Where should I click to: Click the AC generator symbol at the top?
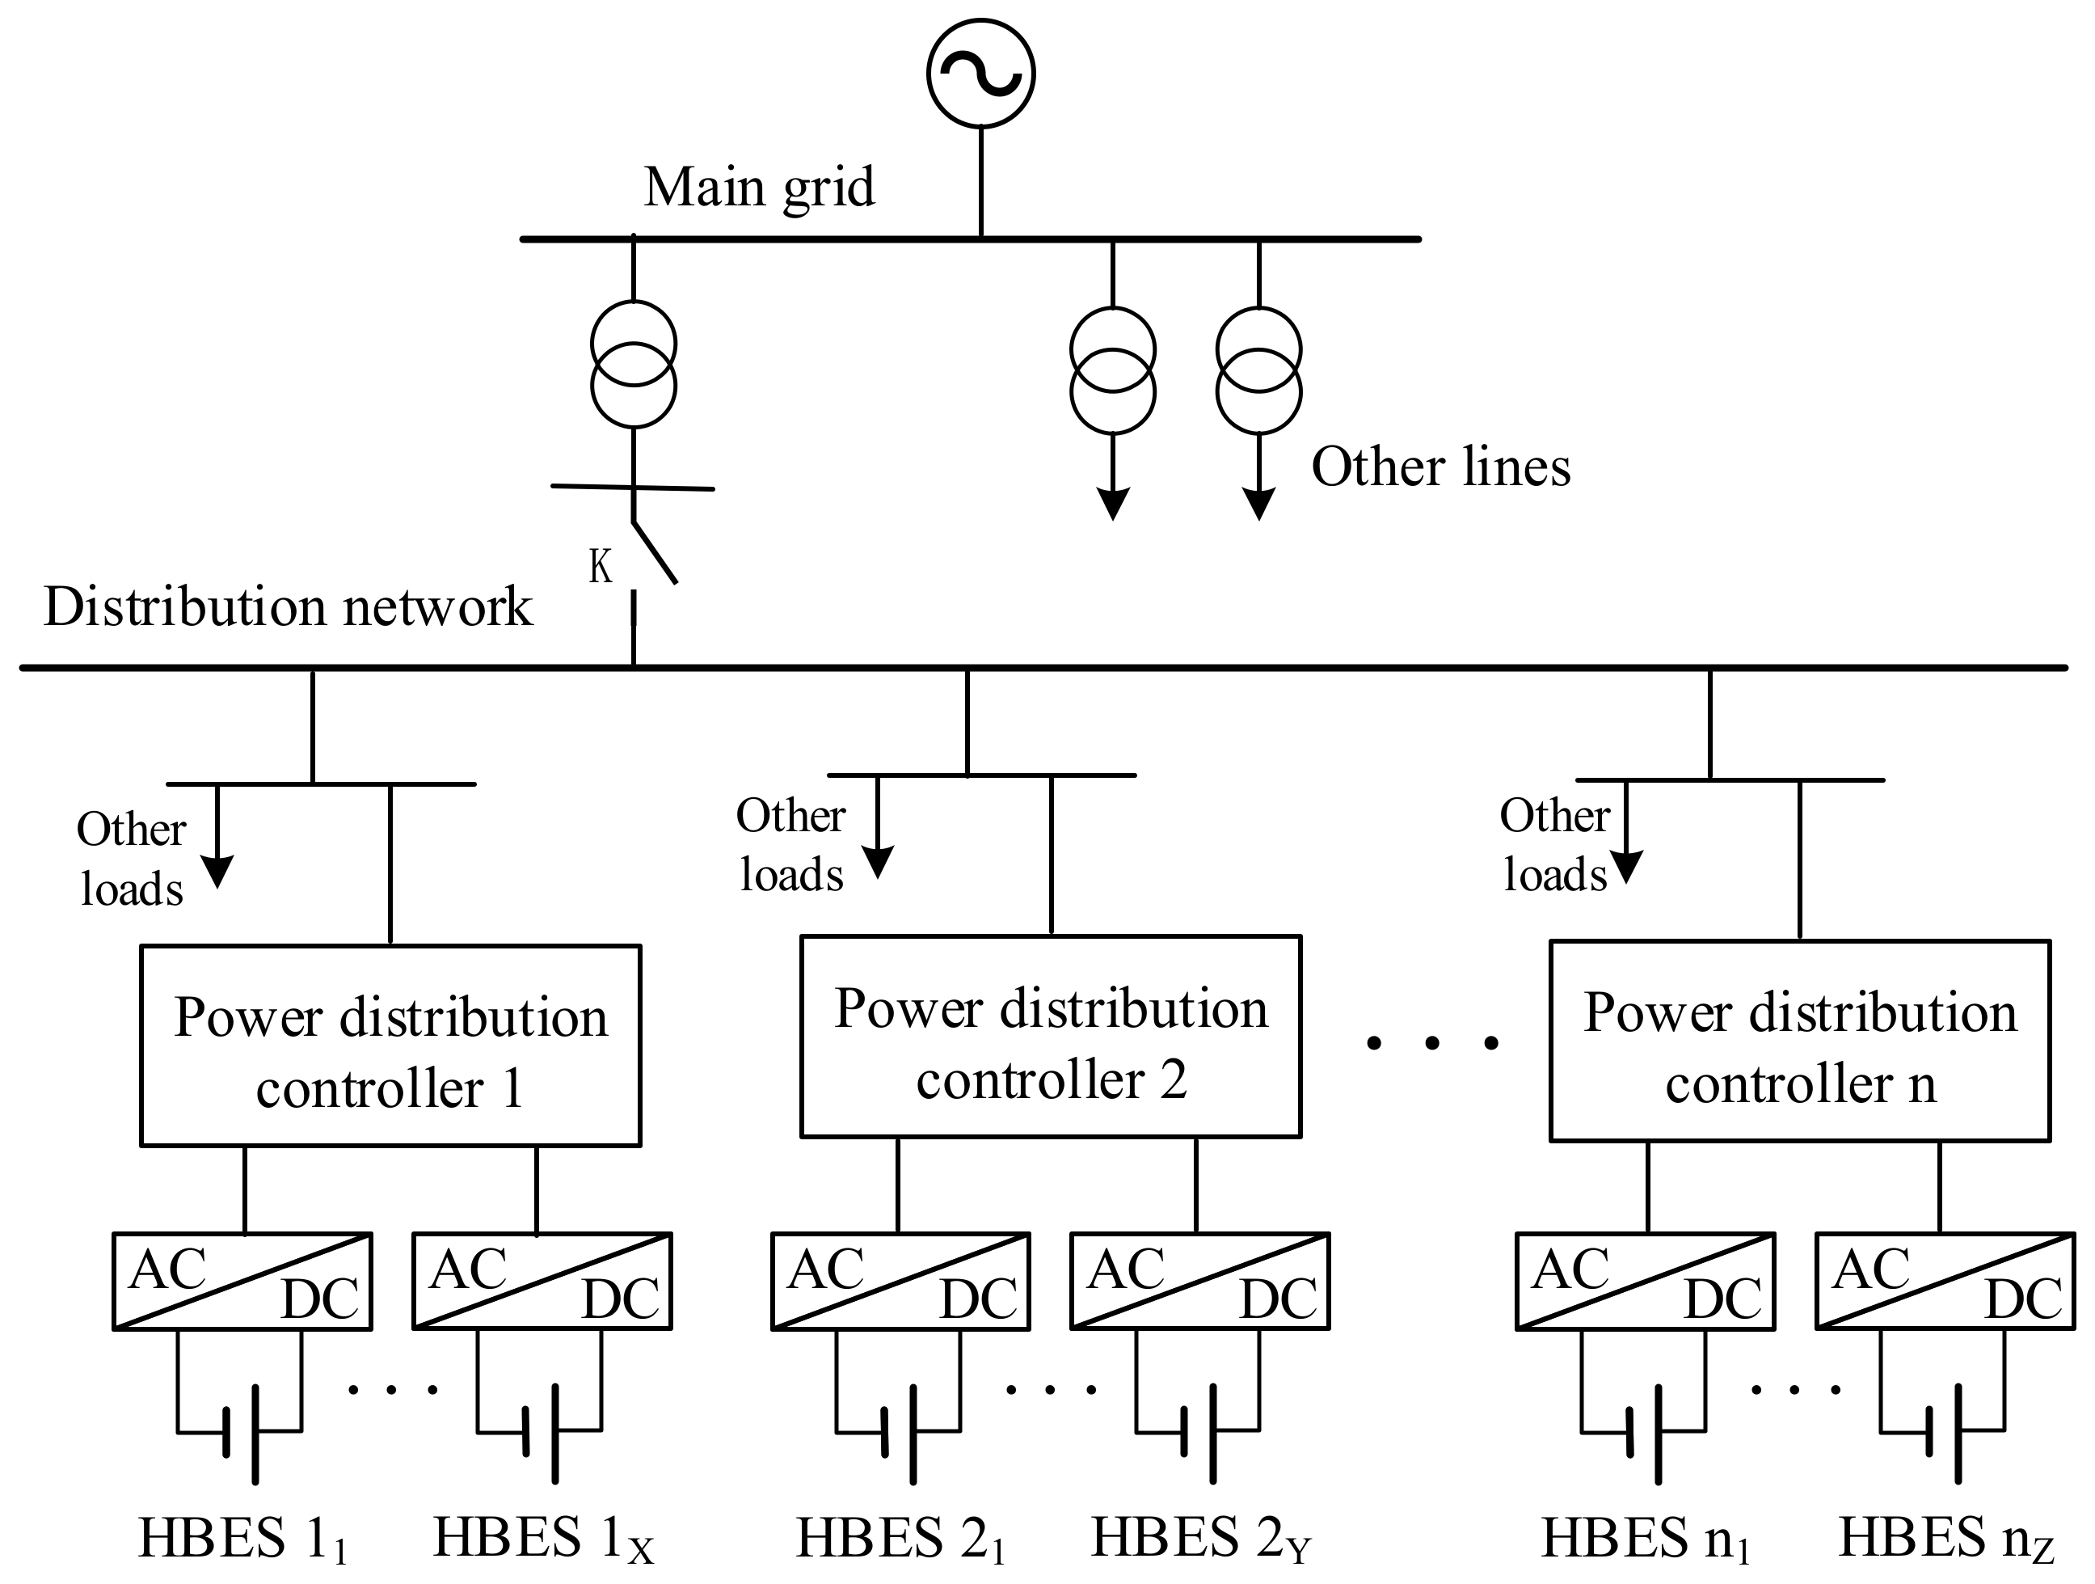pos(980,74)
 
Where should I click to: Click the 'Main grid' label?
pos(759,188)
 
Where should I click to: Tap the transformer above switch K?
pos(634,365)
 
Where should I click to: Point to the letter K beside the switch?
pos(601,567)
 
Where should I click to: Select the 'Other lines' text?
pos(1440,467)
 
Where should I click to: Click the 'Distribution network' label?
pos(288,606)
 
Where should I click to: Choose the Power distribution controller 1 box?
pos(390,1047)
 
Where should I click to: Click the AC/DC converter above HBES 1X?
pos(542,1282)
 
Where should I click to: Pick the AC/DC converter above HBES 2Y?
pos(1200,1282)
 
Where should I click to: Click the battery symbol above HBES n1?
pos(1643,1433)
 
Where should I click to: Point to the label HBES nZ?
pos(1945,1539)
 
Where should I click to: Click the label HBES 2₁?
pos(900,1539)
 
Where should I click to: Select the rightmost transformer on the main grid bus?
pos(1258,370)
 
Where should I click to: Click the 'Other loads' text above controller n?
pos(1555,845)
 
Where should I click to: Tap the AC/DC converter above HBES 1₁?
pos(242,1282)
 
